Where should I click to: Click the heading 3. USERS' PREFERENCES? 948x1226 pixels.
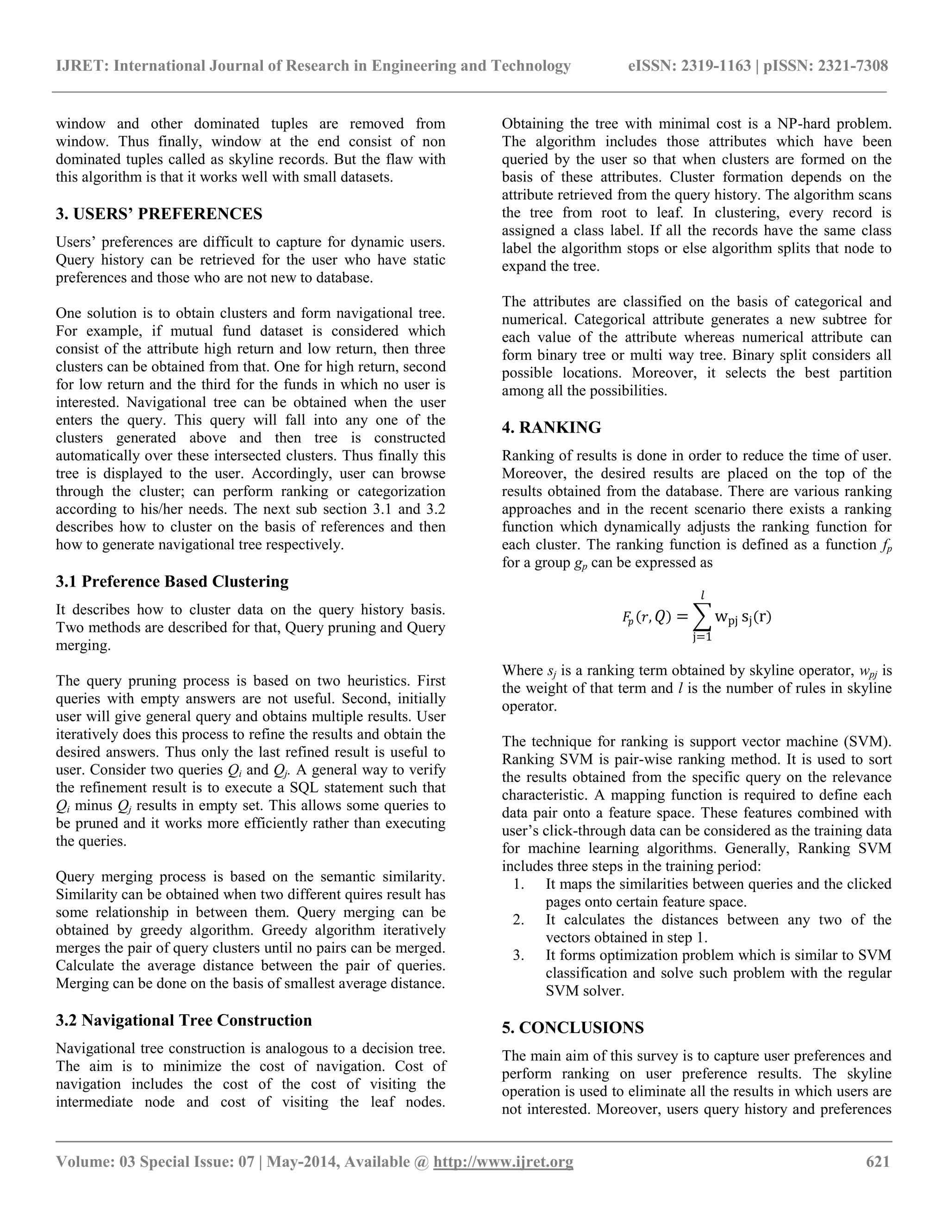pos(159,214)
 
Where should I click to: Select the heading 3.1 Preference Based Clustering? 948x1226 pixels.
pos(172,581)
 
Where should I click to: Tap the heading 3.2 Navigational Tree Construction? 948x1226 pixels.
pos(184,1020)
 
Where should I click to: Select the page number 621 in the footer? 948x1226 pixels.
pos(878,1161)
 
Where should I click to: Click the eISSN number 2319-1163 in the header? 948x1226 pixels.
pos(716,66)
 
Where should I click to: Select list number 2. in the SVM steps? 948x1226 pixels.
pos(518,920)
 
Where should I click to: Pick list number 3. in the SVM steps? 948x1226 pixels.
pos(518,955)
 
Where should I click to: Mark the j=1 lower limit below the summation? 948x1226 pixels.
pos(702,638)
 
